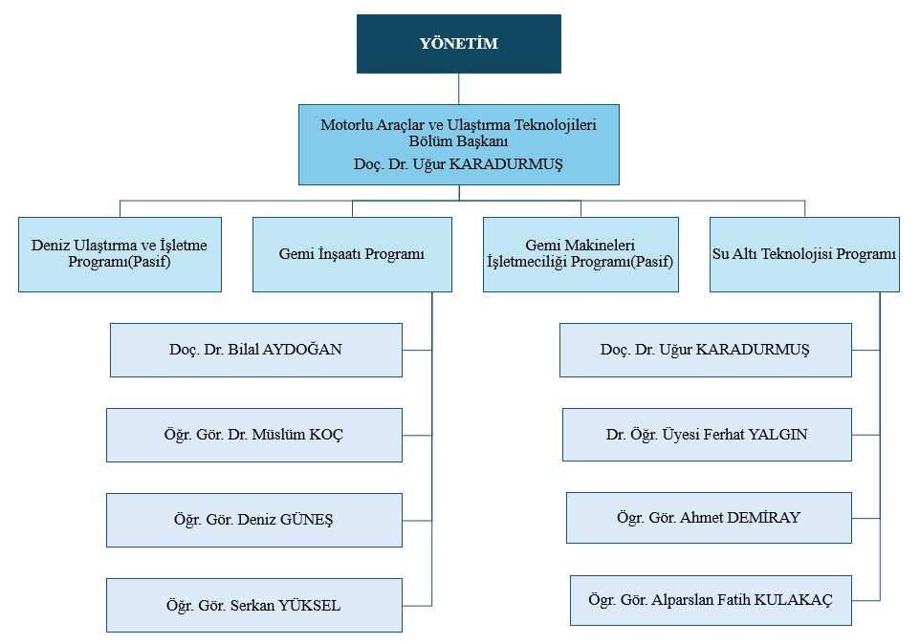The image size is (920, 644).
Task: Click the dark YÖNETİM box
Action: pyautogui.click(x=459, y=44)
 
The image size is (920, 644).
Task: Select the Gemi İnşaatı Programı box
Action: pyautogui.click(x=352, y=254)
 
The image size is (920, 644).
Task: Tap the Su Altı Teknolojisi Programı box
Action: pyautogui.click(x=804, y=254)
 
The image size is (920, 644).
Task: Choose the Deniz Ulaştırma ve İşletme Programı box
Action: pyautogui.click(x=120, y=254)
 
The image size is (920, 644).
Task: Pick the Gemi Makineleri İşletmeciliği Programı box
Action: pyautogui.click(x=580, y=254)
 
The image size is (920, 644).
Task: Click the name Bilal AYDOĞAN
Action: pyautogui.click(x=285, y=350)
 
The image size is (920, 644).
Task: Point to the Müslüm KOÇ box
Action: pyautogui.click(x=254, y=435)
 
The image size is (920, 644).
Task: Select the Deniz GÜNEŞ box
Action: pyautogui.click(x=254, y=520)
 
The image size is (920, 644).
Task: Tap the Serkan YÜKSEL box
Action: pyautogui.click(x=254, y=606)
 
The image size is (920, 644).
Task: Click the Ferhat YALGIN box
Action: pyautogui.click(x=707, y=434)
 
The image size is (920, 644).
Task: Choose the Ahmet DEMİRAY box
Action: pyautogui.click(x=709, y=518)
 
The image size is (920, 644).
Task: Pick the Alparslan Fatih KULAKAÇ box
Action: pyautogui.click(x=711, y=600)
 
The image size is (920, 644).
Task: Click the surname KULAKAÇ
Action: pyautogui.click(x=793, y=600)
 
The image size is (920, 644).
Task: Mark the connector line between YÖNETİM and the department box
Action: pyautogui.click(x=459, y=89)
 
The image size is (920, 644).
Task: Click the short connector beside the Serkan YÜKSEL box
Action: pyautogui.click(x=417, y=606)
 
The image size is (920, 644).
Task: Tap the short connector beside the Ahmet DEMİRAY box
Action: pyautogui.click(x=865, y=518)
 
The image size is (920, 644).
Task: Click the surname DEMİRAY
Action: pyautogui.click(x=763, y=518)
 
